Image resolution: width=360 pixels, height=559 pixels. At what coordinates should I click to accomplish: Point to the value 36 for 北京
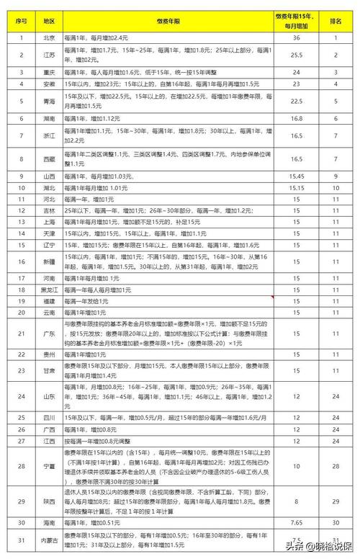click(x=295, y=37)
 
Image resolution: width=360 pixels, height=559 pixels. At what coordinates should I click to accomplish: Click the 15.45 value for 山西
click(x=295, y=175)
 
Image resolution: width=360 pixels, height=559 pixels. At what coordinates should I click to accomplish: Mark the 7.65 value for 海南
click(x=295, y=522)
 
